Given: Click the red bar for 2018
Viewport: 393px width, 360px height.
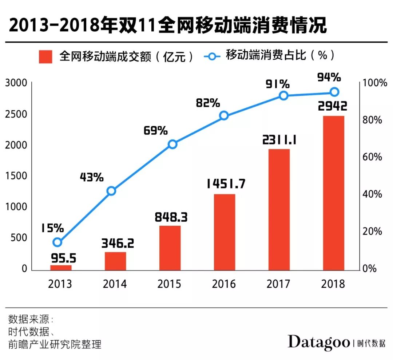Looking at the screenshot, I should coord(333,193).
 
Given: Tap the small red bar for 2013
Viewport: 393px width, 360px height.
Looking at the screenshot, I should coord(61,268).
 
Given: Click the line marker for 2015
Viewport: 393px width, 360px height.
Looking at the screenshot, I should coord(172,144).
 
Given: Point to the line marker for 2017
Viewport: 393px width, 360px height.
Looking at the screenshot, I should coord(283,95).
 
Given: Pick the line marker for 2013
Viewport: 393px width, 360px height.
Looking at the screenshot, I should coord(57,242).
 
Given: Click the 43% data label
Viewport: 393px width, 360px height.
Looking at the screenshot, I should coord(91,177).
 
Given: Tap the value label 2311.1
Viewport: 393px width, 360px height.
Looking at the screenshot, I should coord(279,140).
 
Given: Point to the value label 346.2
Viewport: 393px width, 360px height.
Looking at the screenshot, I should coord(117,243).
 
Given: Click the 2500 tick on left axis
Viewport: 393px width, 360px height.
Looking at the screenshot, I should coord(16,114).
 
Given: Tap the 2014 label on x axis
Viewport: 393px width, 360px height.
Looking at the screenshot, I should coord(115,284).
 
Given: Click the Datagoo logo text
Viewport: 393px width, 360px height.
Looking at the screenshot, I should coord(318,342).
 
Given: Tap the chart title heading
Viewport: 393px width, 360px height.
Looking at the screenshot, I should coord(167,26).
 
